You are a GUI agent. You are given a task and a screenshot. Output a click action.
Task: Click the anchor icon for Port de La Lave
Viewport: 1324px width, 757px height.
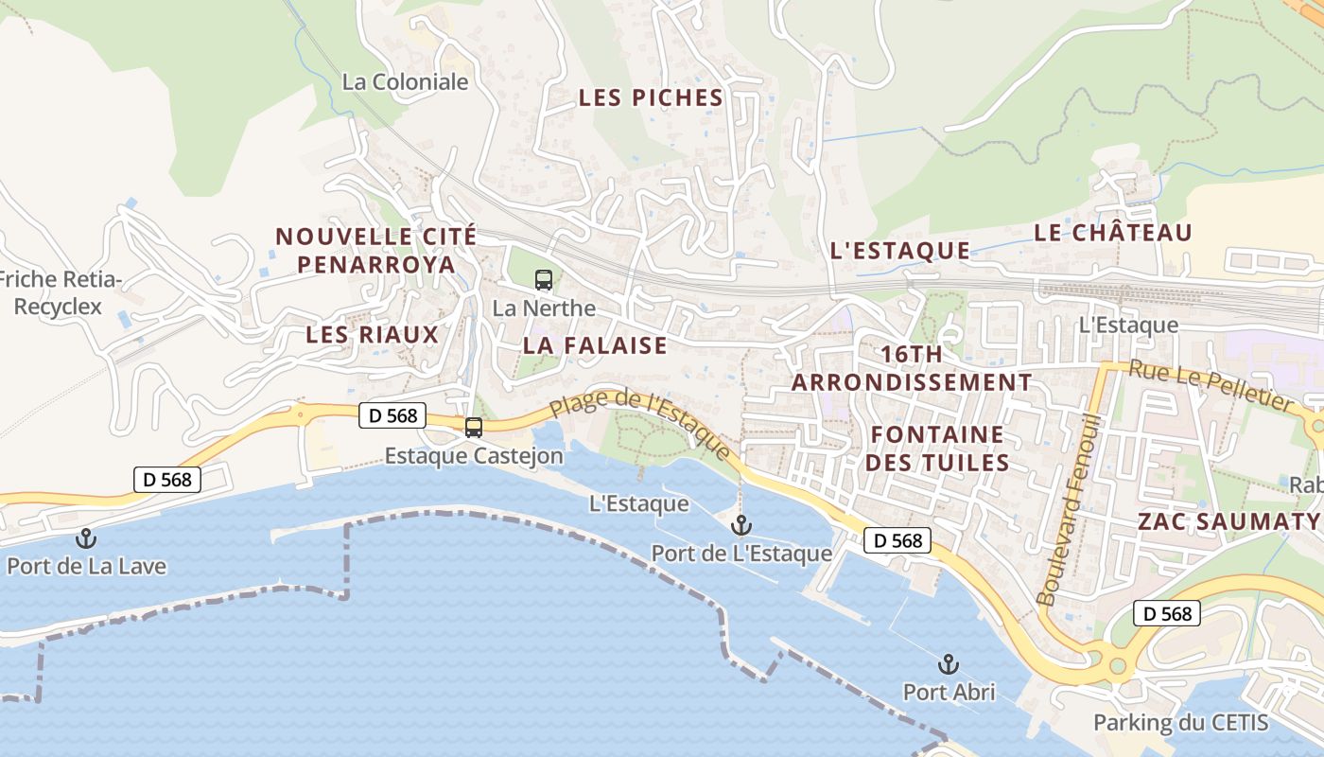(86, 538)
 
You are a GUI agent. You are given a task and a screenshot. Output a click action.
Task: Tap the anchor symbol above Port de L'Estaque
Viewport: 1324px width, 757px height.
(741, 525)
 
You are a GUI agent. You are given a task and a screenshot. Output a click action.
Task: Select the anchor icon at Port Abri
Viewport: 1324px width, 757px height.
(949, 663)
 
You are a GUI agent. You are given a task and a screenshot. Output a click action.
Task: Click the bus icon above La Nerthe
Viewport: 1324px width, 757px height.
(544, 280)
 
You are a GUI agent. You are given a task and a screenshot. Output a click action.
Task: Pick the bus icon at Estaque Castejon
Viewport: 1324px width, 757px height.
(473, 428)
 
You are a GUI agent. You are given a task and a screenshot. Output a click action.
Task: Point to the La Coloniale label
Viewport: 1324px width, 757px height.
(406, 82)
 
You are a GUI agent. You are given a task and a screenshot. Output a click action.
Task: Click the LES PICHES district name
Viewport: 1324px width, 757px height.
(651, 97)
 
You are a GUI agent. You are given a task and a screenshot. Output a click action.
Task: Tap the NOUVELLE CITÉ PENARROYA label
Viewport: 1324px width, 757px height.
(376, 250)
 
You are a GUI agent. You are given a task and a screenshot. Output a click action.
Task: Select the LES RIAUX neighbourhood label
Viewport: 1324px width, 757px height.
(373, 334)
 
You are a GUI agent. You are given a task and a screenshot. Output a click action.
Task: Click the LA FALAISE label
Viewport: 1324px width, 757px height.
(595, 345)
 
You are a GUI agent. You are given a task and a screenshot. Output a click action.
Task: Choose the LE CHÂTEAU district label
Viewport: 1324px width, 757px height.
(1112, 232)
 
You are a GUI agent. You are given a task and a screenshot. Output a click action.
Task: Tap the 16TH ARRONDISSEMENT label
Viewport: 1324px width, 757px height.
(912, 368)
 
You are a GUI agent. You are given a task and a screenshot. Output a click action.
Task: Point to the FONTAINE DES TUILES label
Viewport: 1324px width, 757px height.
(938, 449)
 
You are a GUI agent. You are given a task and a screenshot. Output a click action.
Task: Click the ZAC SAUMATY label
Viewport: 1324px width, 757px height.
(1228, 521)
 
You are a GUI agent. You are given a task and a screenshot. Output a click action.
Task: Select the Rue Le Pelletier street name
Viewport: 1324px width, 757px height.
(1211, 386)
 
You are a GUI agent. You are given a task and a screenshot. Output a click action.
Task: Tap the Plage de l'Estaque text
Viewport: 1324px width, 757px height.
(640, 426)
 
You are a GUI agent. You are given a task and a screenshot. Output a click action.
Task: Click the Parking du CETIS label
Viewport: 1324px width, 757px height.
(1180, 723)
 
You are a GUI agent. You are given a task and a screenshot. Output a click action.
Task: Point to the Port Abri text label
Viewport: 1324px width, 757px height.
(949, 692)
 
